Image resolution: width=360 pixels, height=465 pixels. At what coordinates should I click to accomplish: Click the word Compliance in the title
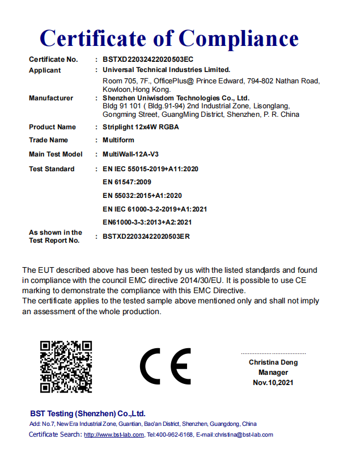point(239,39)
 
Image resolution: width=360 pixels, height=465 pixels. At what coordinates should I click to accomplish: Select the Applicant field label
point(45,70)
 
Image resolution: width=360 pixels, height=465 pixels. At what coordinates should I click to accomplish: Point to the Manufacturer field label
point(51,98)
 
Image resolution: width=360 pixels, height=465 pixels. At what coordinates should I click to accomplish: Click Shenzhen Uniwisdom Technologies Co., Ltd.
point(176,98)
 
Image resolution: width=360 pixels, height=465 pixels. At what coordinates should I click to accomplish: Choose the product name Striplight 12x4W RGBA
point(141,127)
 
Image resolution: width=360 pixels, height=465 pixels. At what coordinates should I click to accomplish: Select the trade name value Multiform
point(118,140)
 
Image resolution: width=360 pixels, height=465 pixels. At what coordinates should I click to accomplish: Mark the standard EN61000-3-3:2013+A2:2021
point(147,222)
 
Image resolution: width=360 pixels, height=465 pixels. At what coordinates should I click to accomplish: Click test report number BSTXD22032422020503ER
point(146,236)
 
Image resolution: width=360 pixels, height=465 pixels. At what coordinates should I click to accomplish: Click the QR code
point(66,367)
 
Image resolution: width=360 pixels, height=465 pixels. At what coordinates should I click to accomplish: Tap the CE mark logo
point(166,366)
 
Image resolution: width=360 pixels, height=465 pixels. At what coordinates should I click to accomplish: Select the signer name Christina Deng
point(273,362)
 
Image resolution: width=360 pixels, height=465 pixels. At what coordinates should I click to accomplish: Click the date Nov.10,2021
point(273,383)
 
